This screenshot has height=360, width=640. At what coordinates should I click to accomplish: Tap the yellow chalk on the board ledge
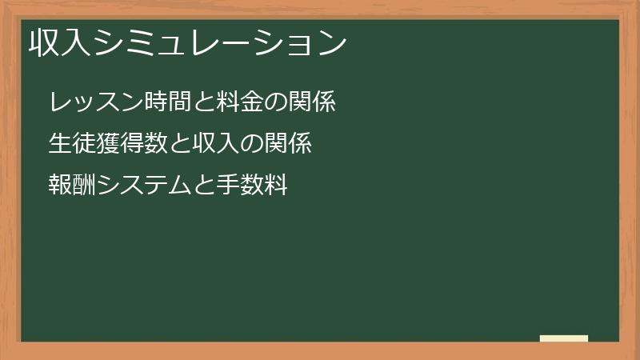tap(563, 338)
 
